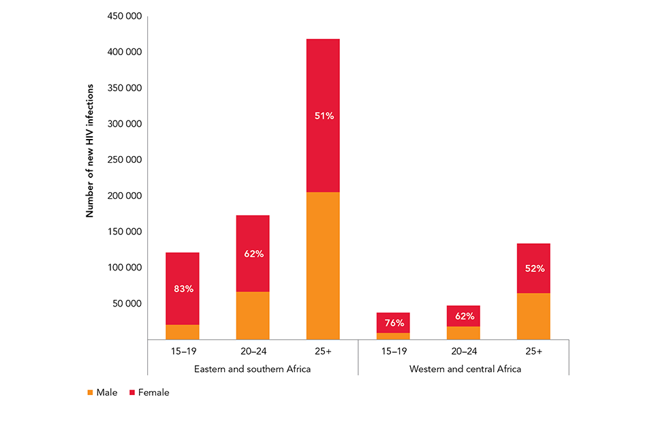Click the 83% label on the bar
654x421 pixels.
click(183, 289)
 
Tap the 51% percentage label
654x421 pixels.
click(324, 116)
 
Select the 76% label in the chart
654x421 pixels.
click(394, 324)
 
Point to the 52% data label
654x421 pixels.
click(534, 268)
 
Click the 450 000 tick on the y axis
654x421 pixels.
click(124, 16)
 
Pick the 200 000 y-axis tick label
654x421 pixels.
click(124, 196)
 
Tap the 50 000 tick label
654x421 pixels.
click(127, 304)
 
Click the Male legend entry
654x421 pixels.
click(102, 392)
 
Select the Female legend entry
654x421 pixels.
click(149, 392)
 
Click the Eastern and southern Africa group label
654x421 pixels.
click(253, 369)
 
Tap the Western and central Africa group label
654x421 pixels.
click(464, 369)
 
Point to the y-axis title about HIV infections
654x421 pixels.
click(89, 151)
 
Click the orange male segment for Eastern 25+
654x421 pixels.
click(324, 266)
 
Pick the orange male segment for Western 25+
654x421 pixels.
click(534, 316)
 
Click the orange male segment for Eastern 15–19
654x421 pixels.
click(183, 332)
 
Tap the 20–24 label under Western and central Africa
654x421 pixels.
click(464, 352)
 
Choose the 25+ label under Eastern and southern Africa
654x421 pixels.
click(324, 352)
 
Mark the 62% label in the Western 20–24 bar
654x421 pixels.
click(464, 316)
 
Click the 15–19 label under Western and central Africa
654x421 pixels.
click(394, 352)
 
